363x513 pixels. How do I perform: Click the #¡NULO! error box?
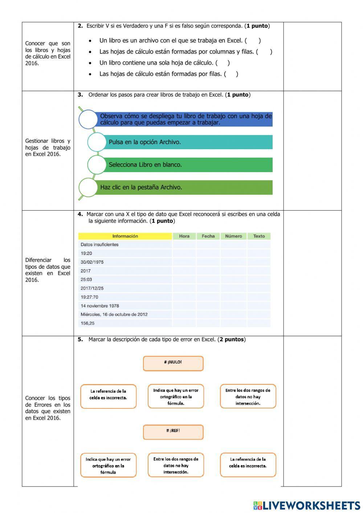[x=173, y=363]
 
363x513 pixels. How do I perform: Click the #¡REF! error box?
[x=173, y=432]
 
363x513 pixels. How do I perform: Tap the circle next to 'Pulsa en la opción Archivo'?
[x=97, y=142]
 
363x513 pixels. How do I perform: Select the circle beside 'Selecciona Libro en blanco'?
[x=97, y=164]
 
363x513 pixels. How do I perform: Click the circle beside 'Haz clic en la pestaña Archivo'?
[x=88, y=187]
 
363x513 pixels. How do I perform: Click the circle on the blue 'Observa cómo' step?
[x=88, y=119]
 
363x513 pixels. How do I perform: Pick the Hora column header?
[x=184, y=236]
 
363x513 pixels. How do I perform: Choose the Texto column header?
[x=259, y=236]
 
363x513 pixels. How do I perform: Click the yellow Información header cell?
[x=125, y=236]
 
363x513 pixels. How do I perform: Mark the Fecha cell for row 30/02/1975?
[x=208, y=262]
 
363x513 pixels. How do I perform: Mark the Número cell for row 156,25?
[x=233, y=323]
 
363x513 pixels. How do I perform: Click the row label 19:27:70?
[x=89, y=297]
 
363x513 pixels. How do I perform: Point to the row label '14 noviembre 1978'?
[x=100, y=306]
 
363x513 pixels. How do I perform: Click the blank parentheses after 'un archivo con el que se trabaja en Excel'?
[x=253, y=41]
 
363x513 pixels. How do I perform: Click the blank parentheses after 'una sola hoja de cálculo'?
[x=223, y=63]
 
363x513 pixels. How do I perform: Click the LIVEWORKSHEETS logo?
[x=306, y=505]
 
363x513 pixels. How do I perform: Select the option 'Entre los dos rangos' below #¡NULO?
[x=248, y=396]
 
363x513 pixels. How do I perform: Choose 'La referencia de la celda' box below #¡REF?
[x=248, y=465]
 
